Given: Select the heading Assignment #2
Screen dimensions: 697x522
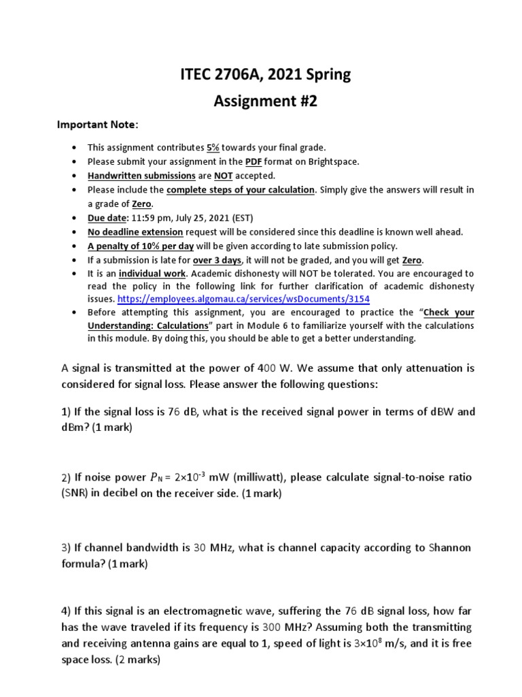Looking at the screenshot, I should (266, 101).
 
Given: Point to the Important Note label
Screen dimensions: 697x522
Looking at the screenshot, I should (96, 125).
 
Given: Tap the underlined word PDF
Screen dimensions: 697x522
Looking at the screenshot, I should (254, 161).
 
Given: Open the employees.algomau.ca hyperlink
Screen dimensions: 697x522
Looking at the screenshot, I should (243, 299).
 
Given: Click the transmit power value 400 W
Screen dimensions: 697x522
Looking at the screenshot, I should (268, 368).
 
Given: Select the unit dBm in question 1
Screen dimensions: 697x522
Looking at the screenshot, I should (74, 427).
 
